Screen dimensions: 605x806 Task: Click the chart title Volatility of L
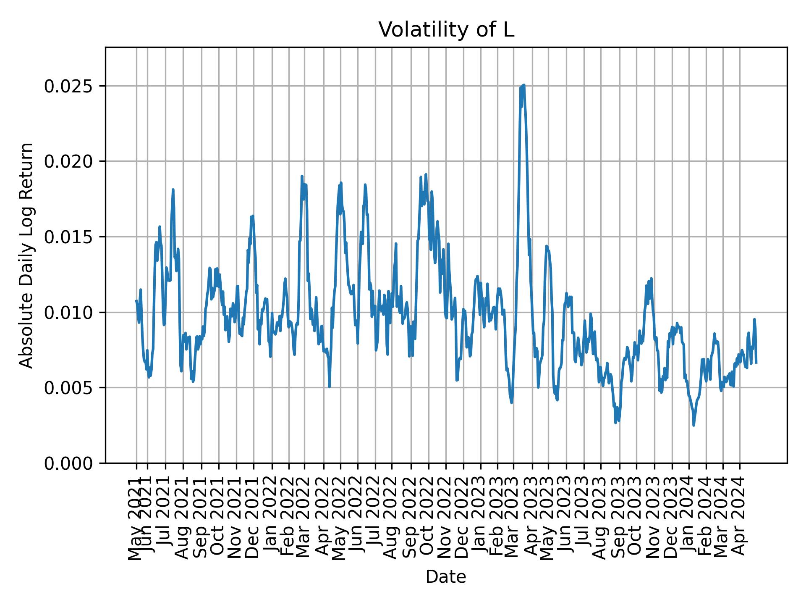pyautogui.click(x=446, y=30)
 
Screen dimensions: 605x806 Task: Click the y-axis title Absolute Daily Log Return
pyautogui.click(x=27, y=255)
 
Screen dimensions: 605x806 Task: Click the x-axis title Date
pyautogui.click(x=446, y=577)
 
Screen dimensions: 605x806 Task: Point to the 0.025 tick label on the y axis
pyautogui.click(x=69, y=86)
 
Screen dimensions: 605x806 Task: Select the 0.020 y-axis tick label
pyautogui.click(x=69, y=161)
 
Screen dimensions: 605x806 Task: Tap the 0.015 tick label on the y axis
pyautogui.click(x=69, y=237)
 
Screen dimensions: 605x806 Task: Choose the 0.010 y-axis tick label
pyautogui.click(x=69, y=312)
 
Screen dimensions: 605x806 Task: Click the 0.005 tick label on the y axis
pyautogui.click(x=69, y=387)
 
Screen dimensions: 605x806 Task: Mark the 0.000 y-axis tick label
pyautogui.click(x=69, y=463)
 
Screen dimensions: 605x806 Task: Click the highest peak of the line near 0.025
pyautogui.click(x=524, y=85)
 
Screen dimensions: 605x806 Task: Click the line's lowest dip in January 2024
pyautogui.click(x=693, y=425)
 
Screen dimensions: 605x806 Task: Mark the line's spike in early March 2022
pyautogui.click(x=302, y=176)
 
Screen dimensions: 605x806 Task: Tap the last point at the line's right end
pyautogui.click(x=756, y=363)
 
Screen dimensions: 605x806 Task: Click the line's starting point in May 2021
pyautogui.click(x=136, y=300)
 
